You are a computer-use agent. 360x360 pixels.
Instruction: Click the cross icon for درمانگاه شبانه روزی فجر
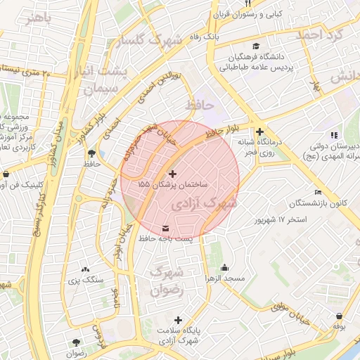(259, 131)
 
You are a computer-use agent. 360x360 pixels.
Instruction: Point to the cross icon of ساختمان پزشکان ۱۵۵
(173, 173)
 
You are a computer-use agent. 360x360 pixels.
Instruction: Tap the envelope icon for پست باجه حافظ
(165, 229)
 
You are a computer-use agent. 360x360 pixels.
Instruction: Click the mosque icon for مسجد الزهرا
(224, 268)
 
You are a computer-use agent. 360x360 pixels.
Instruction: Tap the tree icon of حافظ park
(91, 153)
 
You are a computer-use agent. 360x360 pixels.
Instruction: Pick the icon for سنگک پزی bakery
(85, 269)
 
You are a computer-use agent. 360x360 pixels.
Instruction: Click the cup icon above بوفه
(340, 316)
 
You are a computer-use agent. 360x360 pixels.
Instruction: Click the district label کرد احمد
(319, 34)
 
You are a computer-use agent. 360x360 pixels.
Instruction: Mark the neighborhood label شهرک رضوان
(167, 280)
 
